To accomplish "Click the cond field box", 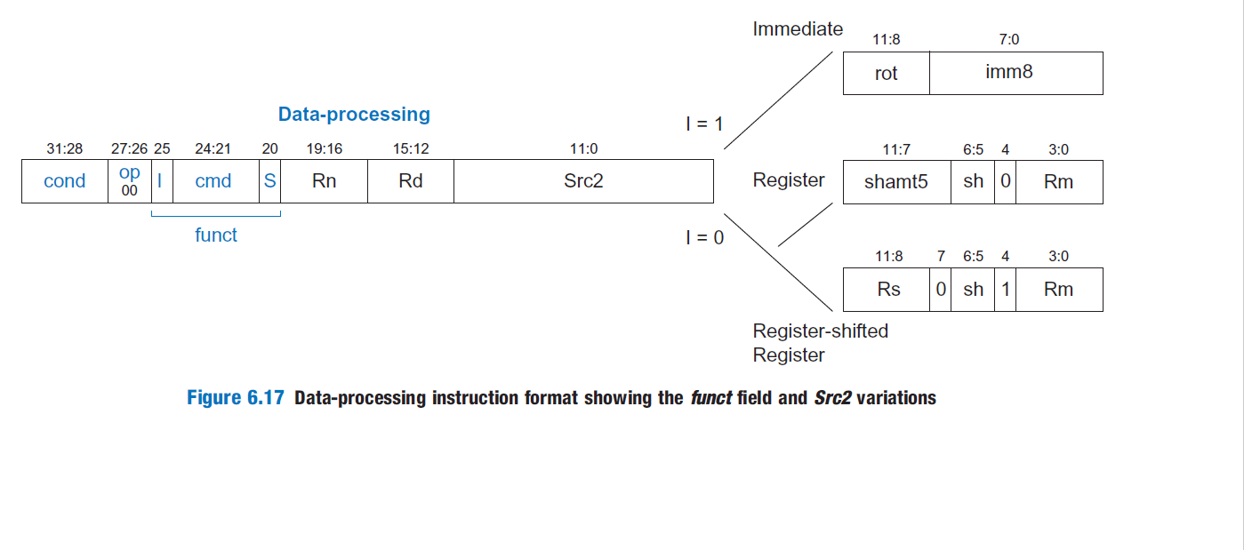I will [x=65, y=181].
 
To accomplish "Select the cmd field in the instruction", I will [x=213, y=181].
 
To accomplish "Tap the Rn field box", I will [x=325, y=181].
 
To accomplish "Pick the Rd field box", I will [x=411, y=181].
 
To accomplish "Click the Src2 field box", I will [x=583, y=181].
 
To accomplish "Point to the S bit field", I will [x=270, y=181].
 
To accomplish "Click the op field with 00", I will [x=130, y=181].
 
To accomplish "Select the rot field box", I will [x=887, y=73].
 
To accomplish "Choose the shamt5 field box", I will [x=896, y=181].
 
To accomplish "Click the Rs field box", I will [x=888, y=290].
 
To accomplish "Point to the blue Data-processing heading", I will [x=354, y=115].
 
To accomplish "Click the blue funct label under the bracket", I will [x=216, y=235].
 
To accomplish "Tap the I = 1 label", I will [x=704, y=124].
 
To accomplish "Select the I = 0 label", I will [x=704, y=237].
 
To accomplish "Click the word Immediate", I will [x=798, y=29].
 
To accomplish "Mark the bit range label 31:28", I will [x=65, y=149].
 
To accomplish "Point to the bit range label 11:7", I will [x=896, y=149].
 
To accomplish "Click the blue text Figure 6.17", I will [x=236, y=398].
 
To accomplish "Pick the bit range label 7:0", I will [x=1009, y=40].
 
